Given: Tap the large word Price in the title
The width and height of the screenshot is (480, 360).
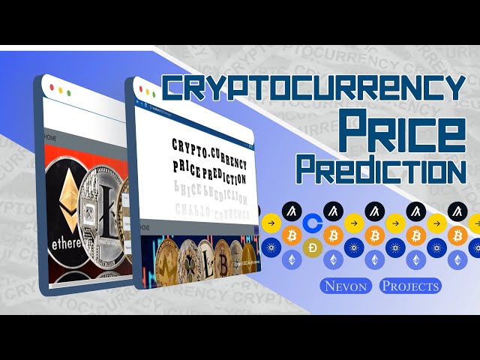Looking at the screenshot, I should pyautogui.click(x=400, y=132).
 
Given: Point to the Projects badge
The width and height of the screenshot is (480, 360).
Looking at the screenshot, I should pyautogui.click(x=410, y=286).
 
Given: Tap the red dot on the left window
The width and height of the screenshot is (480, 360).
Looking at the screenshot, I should pyautogui.click(x=51, y=88).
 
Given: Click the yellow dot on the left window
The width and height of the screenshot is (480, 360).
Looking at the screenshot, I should pyautogui.click(x=60, y=90).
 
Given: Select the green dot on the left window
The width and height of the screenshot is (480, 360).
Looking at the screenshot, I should pyautogui.click(x=69, y=92).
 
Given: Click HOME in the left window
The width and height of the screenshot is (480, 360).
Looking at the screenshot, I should pyautogui.click(x=51, y=138).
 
